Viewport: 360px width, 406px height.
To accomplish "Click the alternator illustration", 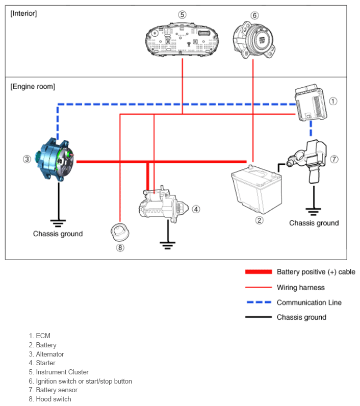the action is [56, 159].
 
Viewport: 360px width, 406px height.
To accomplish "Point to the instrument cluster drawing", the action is [182, 40].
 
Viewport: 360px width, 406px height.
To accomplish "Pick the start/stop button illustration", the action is [253, 40].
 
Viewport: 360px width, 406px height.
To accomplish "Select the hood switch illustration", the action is [120, 232].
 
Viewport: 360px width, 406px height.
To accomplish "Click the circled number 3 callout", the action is [27, 159].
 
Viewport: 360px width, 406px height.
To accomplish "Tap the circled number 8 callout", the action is [120, 248].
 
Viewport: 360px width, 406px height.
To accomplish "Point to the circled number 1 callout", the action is [333, 101].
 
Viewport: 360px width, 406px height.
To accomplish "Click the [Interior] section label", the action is [23, 13].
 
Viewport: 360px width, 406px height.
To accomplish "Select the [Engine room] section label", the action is [33, 87].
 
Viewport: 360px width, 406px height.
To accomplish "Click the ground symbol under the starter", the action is [167, 245].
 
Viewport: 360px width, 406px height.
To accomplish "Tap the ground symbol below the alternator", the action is [58, 223].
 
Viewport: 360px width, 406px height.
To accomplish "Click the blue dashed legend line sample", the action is [259, 302].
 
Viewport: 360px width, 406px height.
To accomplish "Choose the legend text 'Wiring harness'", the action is [300, 287].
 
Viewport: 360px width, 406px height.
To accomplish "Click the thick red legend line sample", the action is [259, 272].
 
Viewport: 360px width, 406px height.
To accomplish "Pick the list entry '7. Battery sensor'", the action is [53, 390].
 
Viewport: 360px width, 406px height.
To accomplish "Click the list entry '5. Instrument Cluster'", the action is [59, 372].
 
